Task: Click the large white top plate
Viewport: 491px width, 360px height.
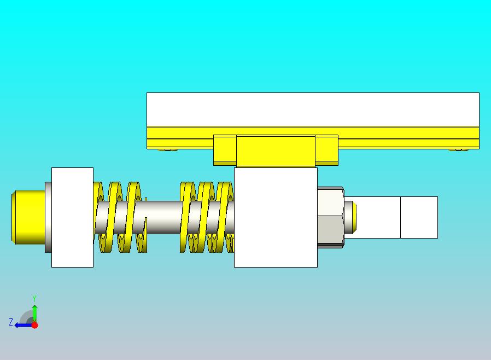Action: click(313, 109)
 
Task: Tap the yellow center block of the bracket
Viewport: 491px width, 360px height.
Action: click(276, 151)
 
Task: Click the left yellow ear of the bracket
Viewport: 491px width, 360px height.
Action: click(225, 150)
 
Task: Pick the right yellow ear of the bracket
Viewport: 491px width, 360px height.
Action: click(326, 150)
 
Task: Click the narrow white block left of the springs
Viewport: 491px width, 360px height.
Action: click(72, 217)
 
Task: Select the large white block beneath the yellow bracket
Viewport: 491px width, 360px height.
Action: click(276, 217)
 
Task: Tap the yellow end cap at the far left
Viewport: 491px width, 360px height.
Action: click(28, 217)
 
